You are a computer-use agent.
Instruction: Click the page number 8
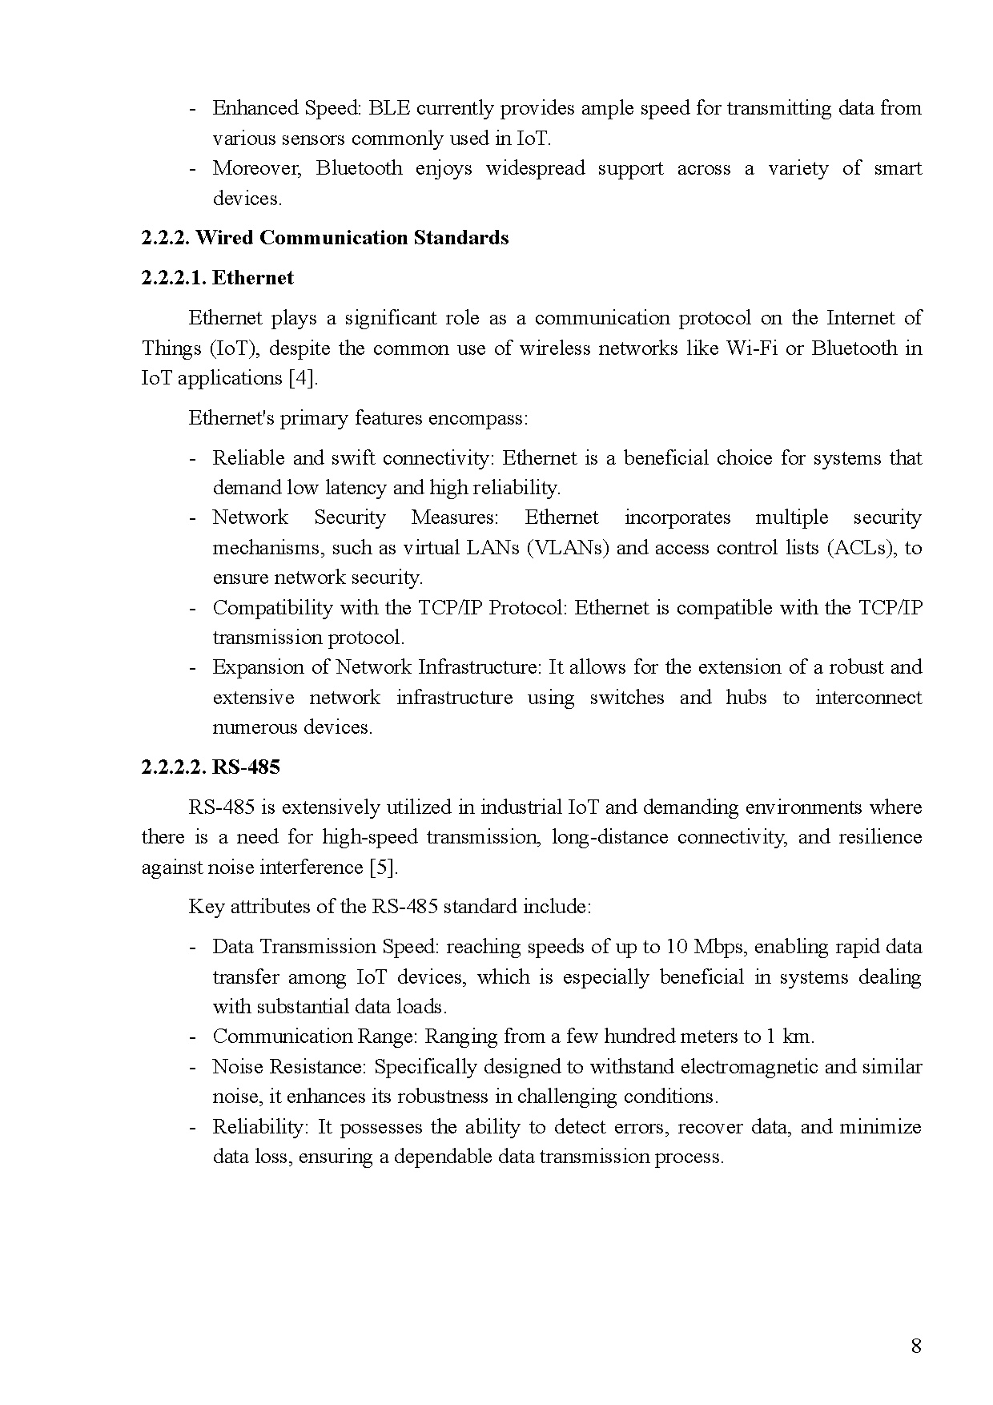click(916, 1345)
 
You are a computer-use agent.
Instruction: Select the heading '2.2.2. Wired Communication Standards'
click(325, 238)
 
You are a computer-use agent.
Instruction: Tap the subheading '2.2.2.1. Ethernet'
click(218, 278)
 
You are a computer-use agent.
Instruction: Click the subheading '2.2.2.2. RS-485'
click(211, 767)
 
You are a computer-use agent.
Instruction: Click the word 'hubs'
click(746, 698)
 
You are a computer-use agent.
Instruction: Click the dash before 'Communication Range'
click(192, 1037)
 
